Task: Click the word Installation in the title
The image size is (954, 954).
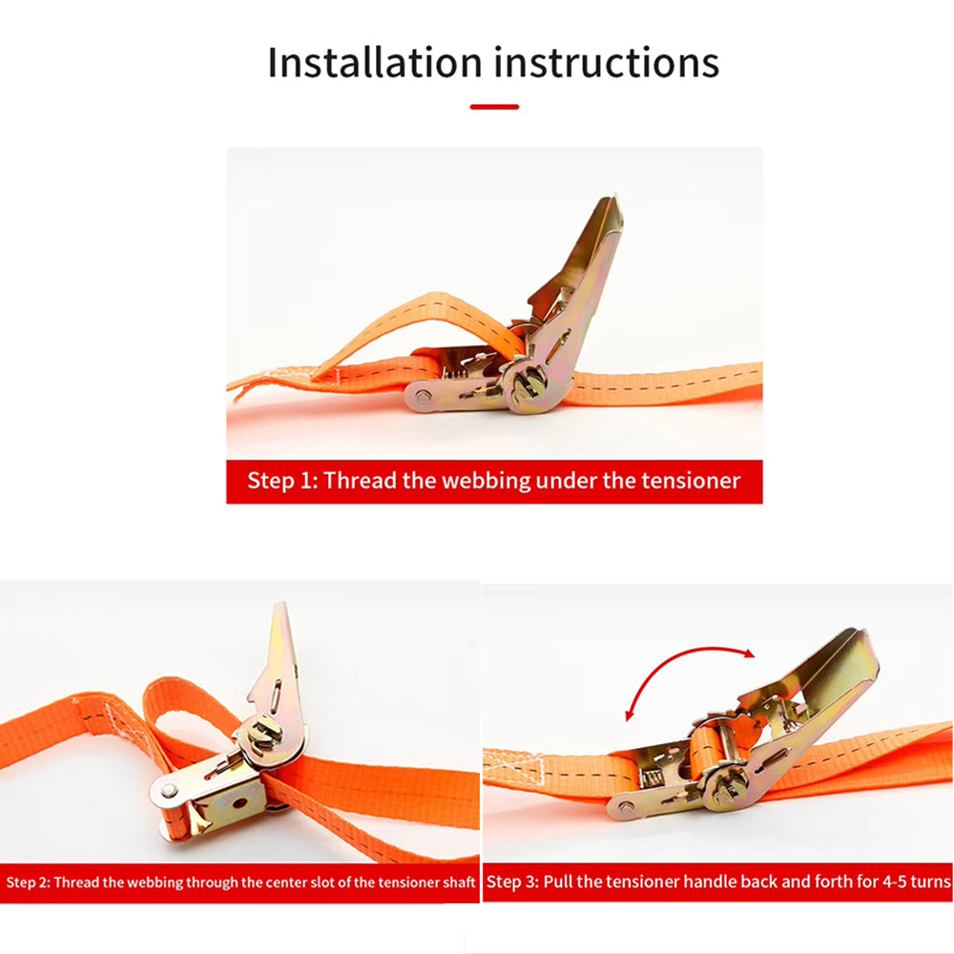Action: tap(375, 62)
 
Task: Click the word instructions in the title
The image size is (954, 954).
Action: tap(607, 62)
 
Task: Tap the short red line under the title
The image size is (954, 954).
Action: tap(494, 107)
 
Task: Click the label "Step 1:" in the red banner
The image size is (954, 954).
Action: tap(282, 481)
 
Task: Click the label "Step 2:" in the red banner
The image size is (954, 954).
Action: tap(29, 882)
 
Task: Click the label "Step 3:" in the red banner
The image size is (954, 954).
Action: tap(512, 881)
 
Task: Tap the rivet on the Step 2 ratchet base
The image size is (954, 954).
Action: tap(169, 790)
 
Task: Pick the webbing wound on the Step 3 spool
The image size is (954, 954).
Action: tap(706, 751)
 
